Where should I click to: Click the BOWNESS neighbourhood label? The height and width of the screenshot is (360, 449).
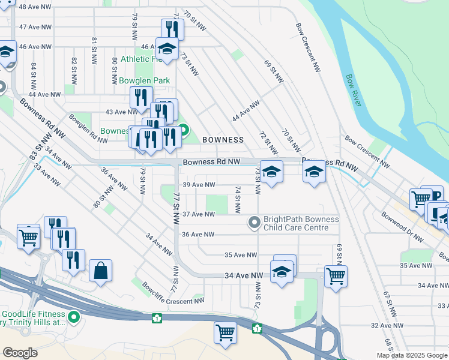tap(223, 140)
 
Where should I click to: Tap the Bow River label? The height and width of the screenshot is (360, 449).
tap(354, 91)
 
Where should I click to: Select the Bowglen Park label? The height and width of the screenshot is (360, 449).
tap(144, 80)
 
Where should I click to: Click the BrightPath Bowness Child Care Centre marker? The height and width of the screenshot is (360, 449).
tap(255, 223)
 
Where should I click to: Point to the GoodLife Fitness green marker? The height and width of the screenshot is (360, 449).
tap(74, 316)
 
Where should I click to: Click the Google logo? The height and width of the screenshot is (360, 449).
tap(20, 353)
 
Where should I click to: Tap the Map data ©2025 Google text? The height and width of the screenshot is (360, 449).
tap(412, 355)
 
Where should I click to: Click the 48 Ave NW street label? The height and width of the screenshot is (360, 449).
tap(35, 6)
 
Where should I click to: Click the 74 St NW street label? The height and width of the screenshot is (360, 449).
tap(238, 200)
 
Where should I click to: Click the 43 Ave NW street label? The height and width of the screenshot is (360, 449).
tap(117, 112)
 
